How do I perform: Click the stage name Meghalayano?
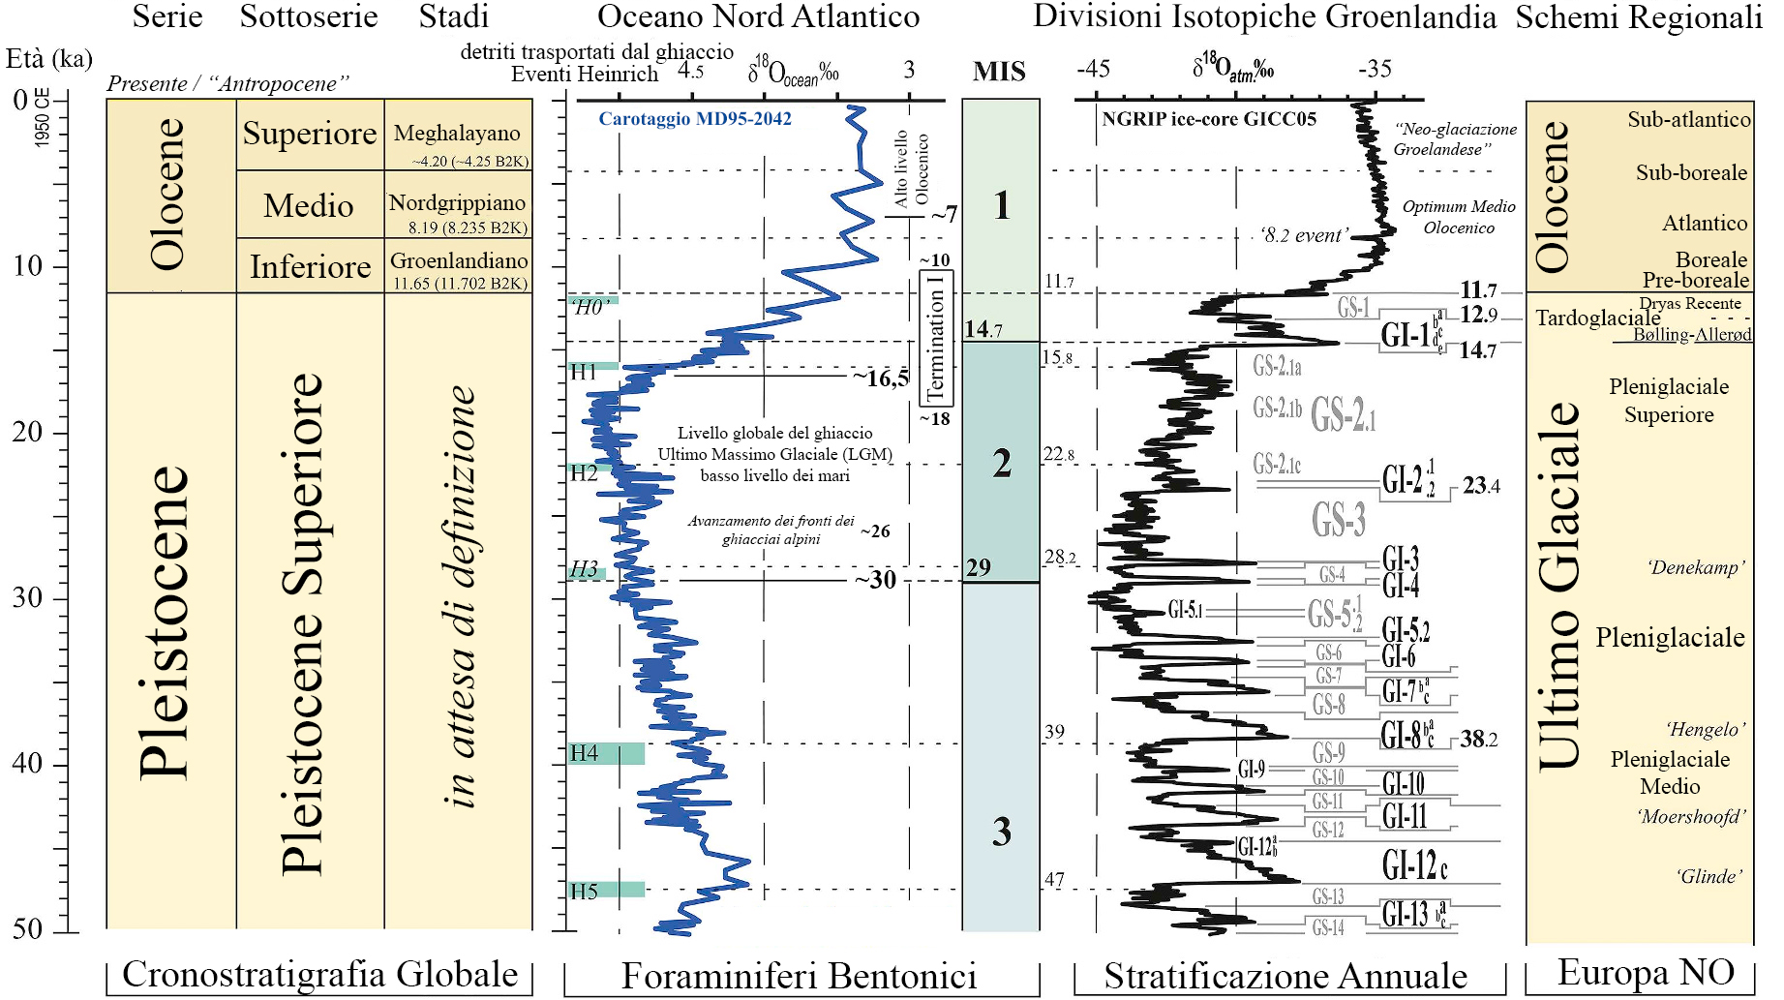(x=457, y=134)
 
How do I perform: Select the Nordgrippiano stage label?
(x=457, y=203)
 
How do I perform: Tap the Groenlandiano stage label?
(x=459, y=260)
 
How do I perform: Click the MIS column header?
(x=999, y=72)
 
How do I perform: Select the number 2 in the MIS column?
(x=1002, y=464)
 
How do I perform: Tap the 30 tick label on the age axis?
(x=27, y=597)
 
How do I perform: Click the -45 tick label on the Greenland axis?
(x=1093, y=69)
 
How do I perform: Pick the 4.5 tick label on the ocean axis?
(x=690, y=70)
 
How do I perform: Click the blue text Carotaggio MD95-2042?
(x=694, y=119)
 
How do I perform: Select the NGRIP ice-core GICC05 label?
(x=1209, y=119)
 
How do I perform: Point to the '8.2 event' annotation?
(x=1304, y=235)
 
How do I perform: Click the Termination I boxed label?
(x=935, y=338)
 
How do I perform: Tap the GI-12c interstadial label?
(x=1414, y=864)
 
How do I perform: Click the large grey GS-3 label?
(x=1339, y=520)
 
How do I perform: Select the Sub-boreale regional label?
(x=1691, y=172)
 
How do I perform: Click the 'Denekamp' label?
(x=1696, y=567)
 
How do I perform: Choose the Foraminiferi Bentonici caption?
(x=799, y=976)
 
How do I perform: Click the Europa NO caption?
(x=1646, y=972)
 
